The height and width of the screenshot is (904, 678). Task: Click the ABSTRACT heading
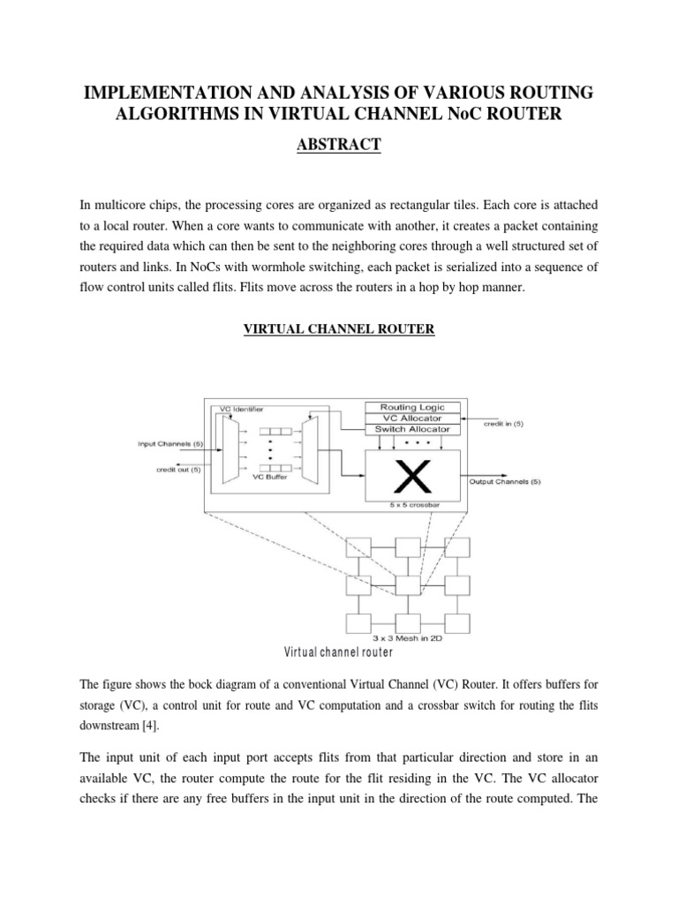pos(339,145)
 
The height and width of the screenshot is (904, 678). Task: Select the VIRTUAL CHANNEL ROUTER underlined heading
pos(339,329)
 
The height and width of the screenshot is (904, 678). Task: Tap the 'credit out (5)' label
pos(179,469)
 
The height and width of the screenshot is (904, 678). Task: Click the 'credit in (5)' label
pos(503,425)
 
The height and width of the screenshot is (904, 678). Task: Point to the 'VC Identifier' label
pos(241,409)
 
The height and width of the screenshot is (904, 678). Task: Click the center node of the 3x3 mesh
pos(407,584)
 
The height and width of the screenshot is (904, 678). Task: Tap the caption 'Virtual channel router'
pos(338,653)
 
